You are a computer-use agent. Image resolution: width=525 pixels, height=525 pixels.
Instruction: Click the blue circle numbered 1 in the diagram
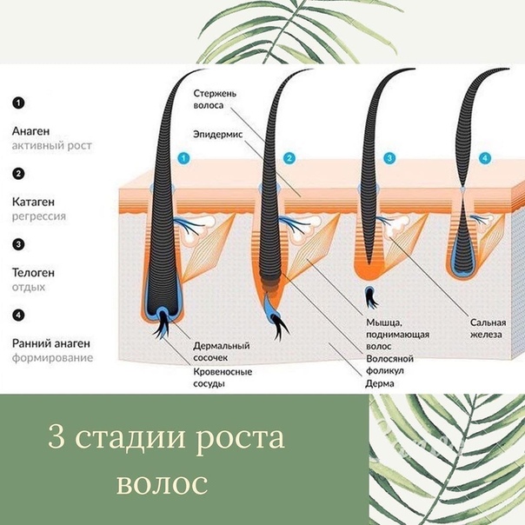[x=183, y=158]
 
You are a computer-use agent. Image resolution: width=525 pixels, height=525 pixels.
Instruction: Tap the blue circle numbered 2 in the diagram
[x=289, y=158]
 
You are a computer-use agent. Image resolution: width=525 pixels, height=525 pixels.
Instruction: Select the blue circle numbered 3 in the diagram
[x=389, y=158]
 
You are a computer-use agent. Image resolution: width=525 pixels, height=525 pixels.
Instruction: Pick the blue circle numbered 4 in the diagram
[x=485, y=158]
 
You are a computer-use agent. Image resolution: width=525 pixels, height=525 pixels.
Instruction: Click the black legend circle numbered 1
[x=18, y=103]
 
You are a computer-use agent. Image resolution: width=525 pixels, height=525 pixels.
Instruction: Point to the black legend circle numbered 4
[x=18, y=315]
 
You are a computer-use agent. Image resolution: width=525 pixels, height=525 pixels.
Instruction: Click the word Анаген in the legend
[x=30, y=131]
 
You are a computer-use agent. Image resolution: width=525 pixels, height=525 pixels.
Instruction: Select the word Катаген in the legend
[x=33, y=202]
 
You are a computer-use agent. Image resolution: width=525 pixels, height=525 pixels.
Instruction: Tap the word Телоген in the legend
[x=33, y=273]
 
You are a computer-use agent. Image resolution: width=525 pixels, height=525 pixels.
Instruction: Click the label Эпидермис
[x=218, y=135]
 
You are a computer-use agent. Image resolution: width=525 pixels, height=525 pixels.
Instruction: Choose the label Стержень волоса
[x=215, y=99]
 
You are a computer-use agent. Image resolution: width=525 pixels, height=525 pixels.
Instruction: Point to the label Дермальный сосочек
[x=222, y=351]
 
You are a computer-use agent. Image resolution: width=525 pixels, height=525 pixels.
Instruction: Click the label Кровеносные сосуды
[x=223, y=378]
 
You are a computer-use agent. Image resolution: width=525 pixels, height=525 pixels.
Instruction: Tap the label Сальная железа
[x=488, y=329]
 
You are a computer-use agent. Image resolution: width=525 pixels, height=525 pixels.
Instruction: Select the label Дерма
[x=380, y=383]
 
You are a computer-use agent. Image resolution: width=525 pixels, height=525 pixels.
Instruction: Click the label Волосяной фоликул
[x=389, y=364]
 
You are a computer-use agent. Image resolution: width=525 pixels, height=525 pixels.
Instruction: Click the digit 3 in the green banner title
[x=56, y=436]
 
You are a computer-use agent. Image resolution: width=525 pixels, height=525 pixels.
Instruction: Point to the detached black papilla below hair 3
[x=370, y=297]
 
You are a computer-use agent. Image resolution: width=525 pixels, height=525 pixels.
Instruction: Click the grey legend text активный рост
[x=52, y=146]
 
